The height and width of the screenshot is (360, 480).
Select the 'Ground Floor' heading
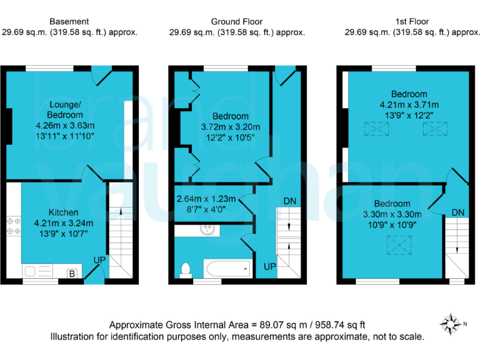(237, 21)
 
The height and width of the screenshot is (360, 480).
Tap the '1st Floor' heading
(413, 21)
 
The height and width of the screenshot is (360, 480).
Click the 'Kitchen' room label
(64, 212)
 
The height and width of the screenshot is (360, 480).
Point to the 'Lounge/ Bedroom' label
(64, 110)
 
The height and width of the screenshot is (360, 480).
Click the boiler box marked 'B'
(72, 273)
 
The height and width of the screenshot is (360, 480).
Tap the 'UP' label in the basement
(99, 259)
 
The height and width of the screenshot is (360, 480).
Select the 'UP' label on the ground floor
(269, 267)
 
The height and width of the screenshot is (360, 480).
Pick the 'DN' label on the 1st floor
(458, 213)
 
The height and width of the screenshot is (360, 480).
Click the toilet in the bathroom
(185, 269)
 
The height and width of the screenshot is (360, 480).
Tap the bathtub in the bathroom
(226, 270)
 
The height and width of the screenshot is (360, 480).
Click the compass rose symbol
(449, 323)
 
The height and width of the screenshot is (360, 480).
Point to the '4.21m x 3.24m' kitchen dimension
(64, 222)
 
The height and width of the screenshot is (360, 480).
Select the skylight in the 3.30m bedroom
(396, 244)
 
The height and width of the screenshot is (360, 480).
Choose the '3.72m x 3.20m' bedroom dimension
(230, 127)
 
